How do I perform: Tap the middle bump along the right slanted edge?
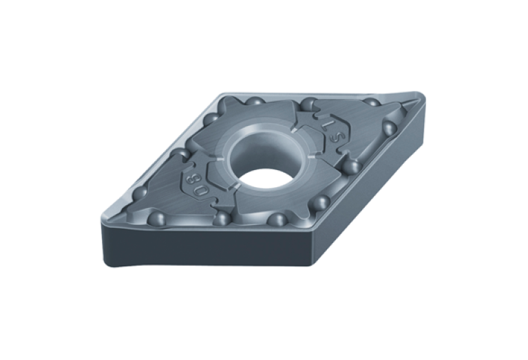pos(352,167)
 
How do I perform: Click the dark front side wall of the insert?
pos(207,248)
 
